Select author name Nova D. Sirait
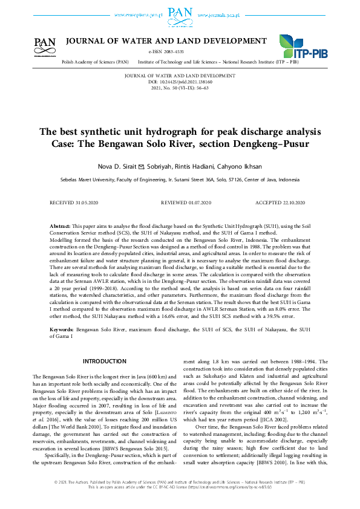coord(116,166)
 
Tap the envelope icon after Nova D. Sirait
coord(141,166)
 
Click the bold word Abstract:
coord(60,225)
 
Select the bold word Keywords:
coord(62,330)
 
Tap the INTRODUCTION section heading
coord(104,361)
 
